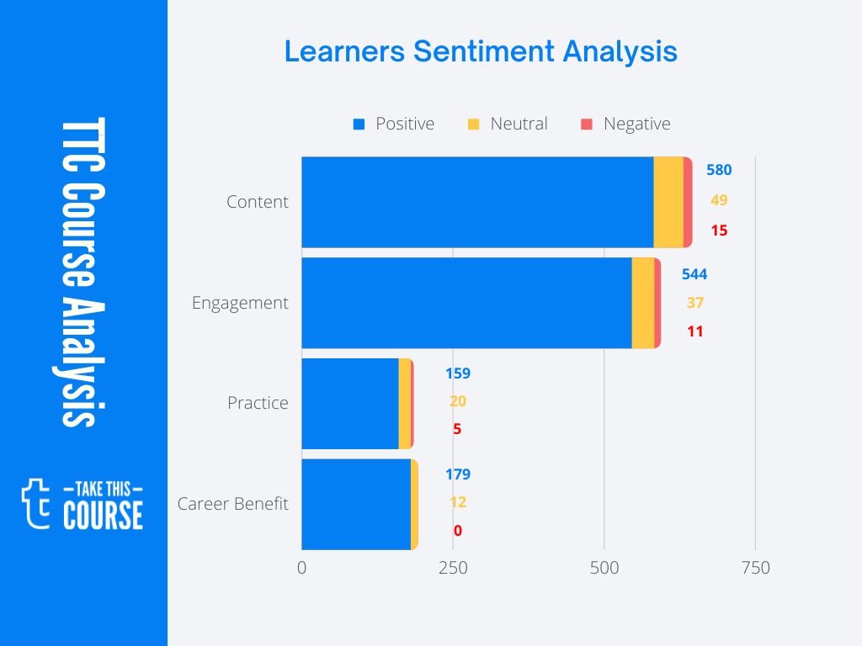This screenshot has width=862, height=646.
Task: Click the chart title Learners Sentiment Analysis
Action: point(481,51)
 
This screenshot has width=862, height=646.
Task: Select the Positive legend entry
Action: point(394,124)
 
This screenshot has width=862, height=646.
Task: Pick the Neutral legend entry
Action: point(508,124)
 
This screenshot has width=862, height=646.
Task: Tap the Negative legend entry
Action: point(625,124)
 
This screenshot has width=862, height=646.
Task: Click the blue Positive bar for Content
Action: point(477,202)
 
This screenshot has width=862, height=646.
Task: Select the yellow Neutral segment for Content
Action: point(668,202)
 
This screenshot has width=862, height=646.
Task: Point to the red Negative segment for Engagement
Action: point(657,303)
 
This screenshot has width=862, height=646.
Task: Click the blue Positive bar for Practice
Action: point(349,404)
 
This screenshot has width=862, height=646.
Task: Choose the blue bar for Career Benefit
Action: point(356,504)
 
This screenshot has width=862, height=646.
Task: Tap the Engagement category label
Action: point(240,303)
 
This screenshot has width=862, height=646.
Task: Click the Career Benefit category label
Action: point(232,504)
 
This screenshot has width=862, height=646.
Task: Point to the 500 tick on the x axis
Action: point(604,569)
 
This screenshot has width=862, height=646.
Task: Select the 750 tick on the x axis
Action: point(755,569)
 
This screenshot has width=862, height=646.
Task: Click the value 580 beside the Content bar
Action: point(719,170)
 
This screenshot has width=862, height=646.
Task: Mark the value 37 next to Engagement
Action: point(694,303)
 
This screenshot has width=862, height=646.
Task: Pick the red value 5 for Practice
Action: point(457,429)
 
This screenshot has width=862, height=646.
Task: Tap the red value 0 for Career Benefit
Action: point(457,531)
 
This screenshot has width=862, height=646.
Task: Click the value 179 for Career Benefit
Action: point(458,474)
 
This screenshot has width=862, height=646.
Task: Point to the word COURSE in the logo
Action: point(103,515)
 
